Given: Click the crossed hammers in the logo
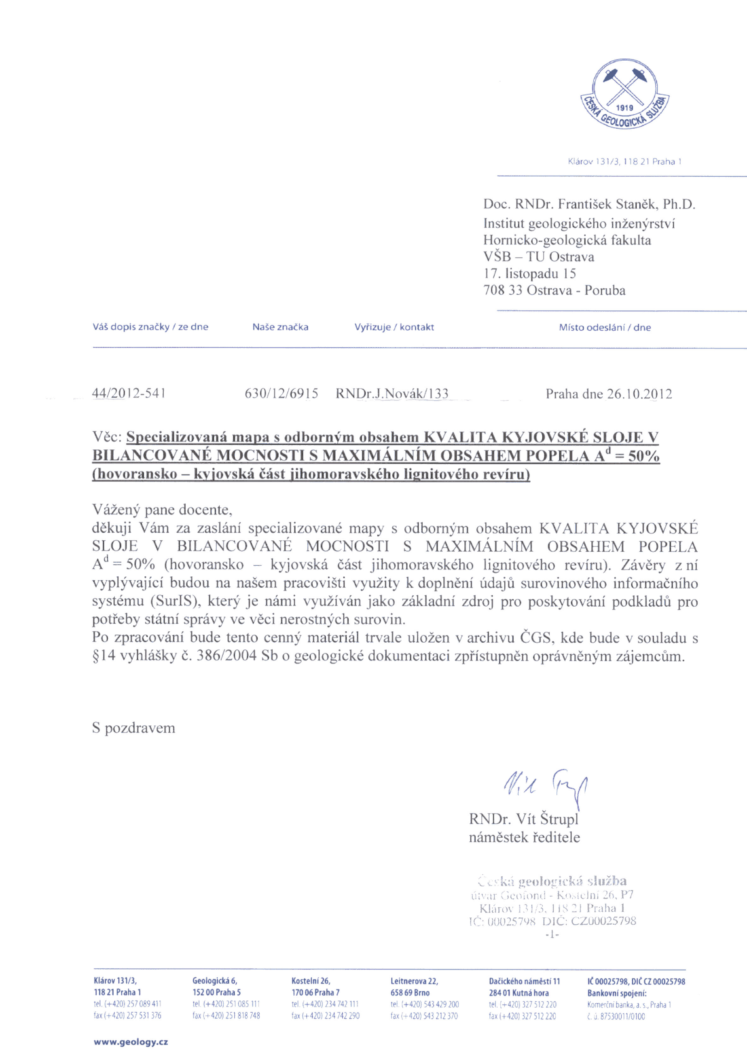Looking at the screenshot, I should (x=624, y=86).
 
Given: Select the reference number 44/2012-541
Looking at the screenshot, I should (x=129, y=393).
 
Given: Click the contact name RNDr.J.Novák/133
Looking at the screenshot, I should (x=392, y=393).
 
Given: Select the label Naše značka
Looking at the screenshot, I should (x=280, y=327).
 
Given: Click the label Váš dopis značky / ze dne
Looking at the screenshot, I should (x=150, y=327).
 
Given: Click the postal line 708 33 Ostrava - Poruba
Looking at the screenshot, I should (x=554, y=291).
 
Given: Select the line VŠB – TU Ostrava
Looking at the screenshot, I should (x=538, y=256).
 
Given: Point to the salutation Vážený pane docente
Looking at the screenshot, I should (x=162, y=510).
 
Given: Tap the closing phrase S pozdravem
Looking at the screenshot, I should (x=134, y=728).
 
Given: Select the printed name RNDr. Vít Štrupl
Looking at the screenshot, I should (x=523, y=819).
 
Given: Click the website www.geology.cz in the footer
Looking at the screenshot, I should (x=131, y=1042).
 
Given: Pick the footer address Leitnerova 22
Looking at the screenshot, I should (x=414, y=981).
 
